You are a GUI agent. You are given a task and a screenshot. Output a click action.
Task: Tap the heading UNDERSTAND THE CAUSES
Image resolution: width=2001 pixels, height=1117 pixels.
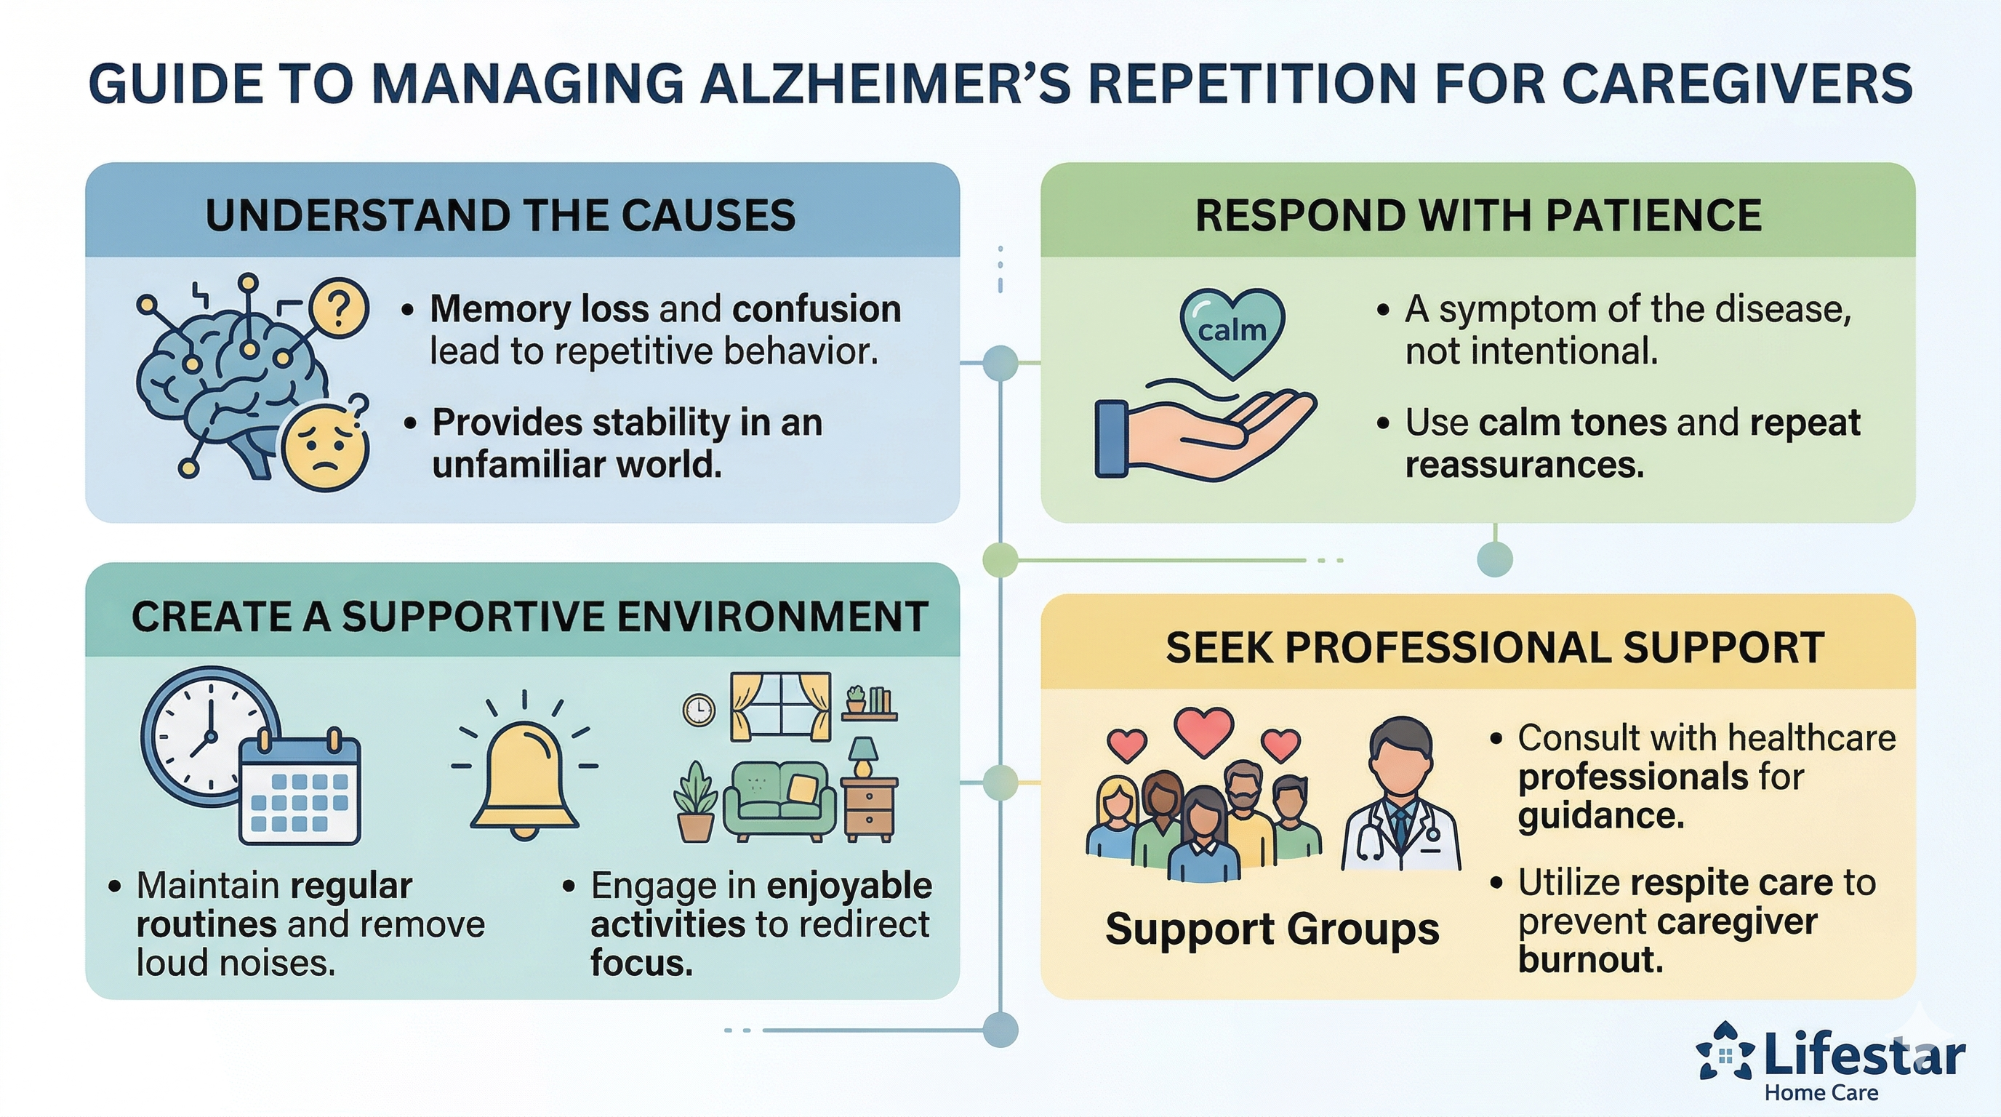click(x=500, y=215)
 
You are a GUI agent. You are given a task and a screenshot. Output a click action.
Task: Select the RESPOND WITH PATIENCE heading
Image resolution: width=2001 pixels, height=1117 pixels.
click(x=1477, y=215)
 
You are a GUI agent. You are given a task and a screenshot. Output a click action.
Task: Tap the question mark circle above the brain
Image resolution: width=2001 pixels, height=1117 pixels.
click(x=338, y=308)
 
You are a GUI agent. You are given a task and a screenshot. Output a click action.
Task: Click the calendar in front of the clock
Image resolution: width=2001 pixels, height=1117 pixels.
click(x=300, y=793)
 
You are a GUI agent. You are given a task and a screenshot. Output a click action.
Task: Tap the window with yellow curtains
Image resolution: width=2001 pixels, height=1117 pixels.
click(x=780, y=706)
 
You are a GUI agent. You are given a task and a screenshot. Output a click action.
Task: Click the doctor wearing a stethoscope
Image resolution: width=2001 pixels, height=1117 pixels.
click(x=1400, y=800)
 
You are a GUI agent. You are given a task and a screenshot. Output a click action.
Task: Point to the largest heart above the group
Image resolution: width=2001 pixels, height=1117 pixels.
click(x=1203, y=730)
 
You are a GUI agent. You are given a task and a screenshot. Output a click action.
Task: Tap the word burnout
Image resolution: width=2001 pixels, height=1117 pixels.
click(x=1590, y=960)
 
